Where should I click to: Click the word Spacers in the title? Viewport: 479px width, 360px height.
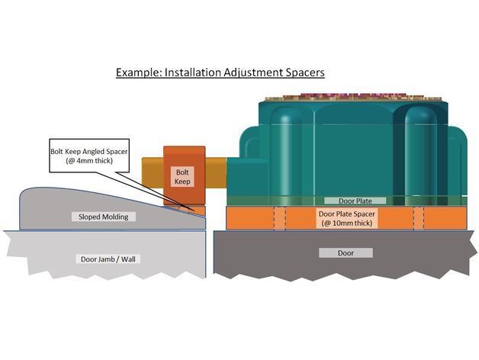pos(303,73)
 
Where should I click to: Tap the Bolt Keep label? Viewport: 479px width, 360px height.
pos(183,177)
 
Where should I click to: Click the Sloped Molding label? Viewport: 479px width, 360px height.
pos(105,217)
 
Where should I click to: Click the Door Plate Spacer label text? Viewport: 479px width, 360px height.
pos(352,214)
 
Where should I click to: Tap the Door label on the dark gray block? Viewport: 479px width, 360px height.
pos(346,252)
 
